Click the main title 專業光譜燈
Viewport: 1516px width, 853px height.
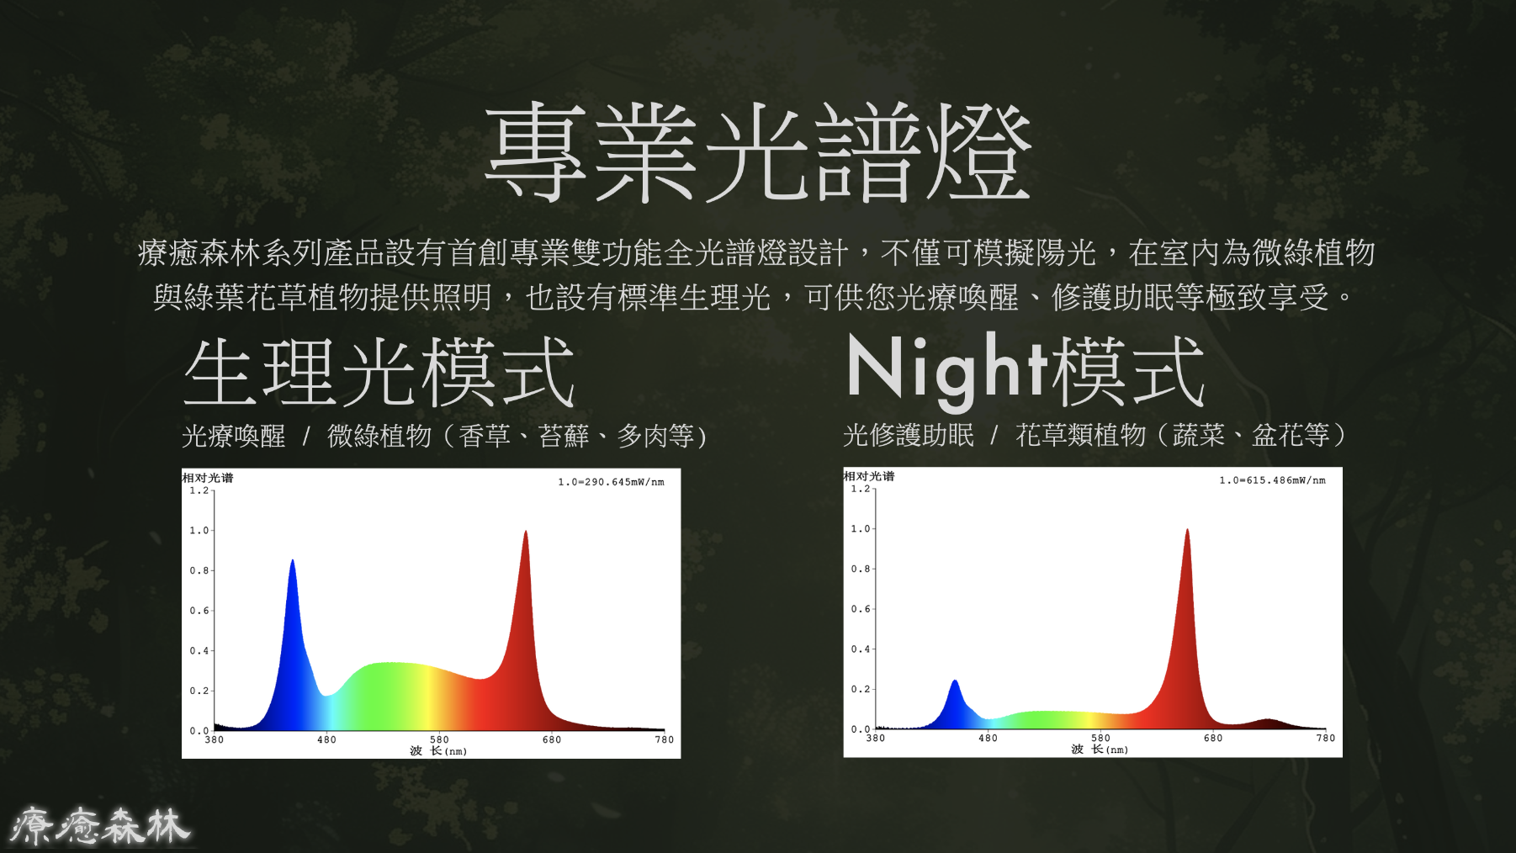(x=758, y=152)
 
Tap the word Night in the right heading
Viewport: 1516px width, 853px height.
(x=947, y=368)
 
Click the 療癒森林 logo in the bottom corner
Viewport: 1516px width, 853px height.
(x=99, y=825)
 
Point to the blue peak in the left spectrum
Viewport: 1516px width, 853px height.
(x=292, y=562)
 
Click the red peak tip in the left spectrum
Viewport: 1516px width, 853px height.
(x=526, y=532)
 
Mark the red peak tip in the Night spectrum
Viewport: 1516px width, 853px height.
(x=1187, y=530)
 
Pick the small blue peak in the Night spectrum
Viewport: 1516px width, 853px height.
(x=955, y=681)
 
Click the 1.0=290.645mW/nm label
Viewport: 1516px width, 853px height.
(x=611, y=482)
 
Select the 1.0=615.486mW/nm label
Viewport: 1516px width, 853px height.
(x=1272, y=480)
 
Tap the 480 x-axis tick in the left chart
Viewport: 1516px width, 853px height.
(x=326, y=739)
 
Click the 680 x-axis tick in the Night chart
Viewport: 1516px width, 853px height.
(x=1213, y=738)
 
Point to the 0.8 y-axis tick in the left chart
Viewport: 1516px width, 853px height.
(x=199, y=570)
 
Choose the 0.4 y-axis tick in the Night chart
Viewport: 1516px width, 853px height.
(x=860, y=649)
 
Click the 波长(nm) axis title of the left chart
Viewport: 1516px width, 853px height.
(x=438, y=751)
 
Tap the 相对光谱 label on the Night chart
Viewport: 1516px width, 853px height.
(x=869, y=476)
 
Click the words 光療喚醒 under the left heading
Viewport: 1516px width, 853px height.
(x=234, y=436)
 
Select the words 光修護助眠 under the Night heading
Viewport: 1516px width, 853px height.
(x=909, y=435)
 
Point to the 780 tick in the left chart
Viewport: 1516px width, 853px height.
(x=665, y=739)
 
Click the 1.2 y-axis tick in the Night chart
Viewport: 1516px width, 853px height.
(x=860, y=489)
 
